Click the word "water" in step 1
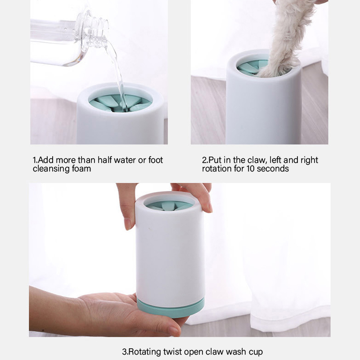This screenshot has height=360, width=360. (125, 160)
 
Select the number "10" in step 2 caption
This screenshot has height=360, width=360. (251, 168)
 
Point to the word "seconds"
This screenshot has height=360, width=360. (273, 168)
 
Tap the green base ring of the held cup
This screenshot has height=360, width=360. (171, 308)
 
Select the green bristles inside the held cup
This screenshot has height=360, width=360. (170, 206)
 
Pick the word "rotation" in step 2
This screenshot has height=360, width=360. (217, 168)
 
